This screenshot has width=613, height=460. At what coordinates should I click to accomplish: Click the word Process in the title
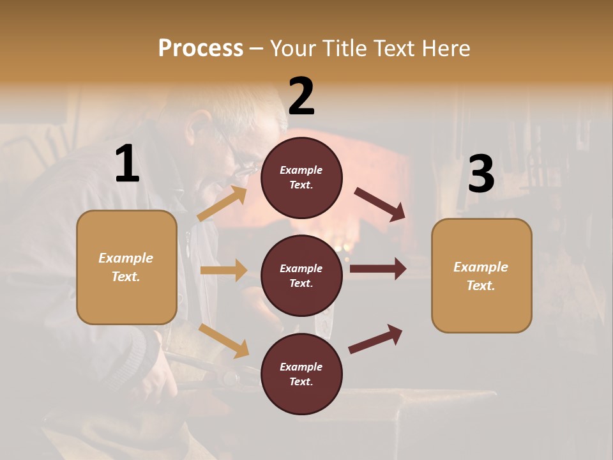(201, 48)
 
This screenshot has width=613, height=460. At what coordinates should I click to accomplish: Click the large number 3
(481, 174)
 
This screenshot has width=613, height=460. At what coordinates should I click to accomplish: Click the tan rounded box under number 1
(126, 267)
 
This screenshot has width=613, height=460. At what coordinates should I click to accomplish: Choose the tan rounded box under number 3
(481, 275)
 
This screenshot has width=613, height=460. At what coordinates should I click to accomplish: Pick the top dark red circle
(301, 178)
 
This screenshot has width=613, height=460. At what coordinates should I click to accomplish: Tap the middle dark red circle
(301, 275)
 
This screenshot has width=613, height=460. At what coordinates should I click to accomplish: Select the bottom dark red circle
(301, 374)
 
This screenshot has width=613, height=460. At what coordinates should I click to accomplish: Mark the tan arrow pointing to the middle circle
(223, 270)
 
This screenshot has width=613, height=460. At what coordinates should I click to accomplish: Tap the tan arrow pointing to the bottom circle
(224, 341)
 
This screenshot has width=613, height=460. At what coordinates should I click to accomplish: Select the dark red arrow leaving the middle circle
(378, 269)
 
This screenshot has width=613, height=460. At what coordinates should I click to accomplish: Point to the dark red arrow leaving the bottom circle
(375, 339)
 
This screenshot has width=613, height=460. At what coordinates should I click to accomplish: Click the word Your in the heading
(294, 48)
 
